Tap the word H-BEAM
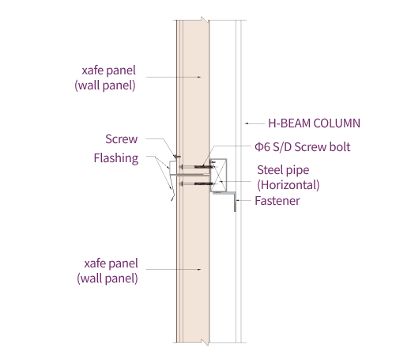tap(289, 123)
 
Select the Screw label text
tap(122, 139)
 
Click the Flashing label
tap(116, 158)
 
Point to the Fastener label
tap(277, 201)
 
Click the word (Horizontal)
tap(288, 185)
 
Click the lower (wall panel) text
tap(107, 279)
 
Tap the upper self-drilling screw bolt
tap(197, 167)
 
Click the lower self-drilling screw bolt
tap(197, 184)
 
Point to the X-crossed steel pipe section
tap(218, 175)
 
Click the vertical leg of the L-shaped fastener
tap(235, 202)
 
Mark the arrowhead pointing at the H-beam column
tap(246, 123)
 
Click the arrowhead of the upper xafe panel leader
tap(199, 77)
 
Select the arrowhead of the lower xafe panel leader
tap(199, 270)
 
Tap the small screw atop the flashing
tap(177, 157)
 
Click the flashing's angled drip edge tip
tap(172, 200)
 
